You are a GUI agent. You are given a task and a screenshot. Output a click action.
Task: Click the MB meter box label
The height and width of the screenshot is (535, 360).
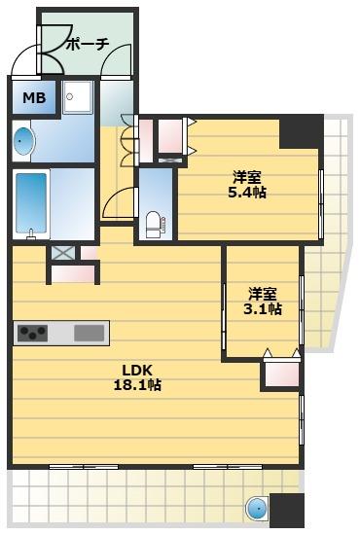pyautogui.click(x=34, y=98)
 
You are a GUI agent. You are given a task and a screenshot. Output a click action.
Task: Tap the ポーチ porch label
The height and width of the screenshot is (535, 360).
pyautogui.click(x=88, y=44)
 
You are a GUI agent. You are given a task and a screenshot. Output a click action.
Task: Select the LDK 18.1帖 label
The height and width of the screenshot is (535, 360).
pyautogui.click(x=137, y=377)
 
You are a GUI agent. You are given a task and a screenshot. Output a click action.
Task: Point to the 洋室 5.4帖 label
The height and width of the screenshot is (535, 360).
pyautogui.click(x=247, y=185)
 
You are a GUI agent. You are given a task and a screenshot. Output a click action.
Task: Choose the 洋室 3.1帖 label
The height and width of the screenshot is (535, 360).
pyautogui.click(x=263, y=301)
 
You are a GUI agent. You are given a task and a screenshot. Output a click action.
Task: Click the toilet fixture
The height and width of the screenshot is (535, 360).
pyautogui.click(x=156, y=224)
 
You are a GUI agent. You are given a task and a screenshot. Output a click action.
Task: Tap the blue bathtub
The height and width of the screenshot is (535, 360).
pyautogui.click(x=31, y=203)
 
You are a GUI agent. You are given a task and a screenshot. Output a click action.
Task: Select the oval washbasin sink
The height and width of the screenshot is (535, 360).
pyautogui.click(x=24, y=141)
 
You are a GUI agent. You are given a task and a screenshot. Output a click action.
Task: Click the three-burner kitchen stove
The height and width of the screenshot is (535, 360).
pyautogui.click(x=32, y=333)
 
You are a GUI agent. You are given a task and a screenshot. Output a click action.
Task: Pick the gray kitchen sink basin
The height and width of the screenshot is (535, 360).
pyautogui.click(x=90, y=333)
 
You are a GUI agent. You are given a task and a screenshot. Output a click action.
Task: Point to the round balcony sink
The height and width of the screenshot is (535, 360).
pyautogui.click(x=258, y=509)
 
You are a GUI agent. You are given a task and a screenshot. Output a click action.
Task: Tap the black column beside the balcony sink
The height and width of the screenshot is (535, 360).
pyautogui.click(x=287, y=510)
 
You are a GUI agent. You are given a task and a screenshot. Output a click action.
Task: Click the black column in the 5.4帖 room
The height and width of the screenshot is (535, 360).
pyautogui.click(x=301, y=131)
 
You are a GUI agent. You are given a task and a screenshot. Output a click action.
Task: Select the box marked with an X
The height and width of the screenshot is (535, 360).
pyautogui.click(x=63, y=253)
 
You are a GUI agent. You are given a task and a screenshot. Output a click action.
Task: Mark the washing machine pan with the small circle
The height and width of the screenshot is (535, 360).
pyautogui.click(x=78, y=97)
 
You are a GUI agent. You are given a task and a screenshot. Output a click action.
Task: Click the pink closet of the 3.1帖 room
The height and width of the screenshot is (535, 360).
pyautogui.click(x=282, y=374)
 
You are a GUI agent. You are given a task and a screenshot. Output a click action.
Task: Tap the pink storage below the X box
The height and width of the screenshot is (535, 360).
pyautogui.click(x=73, y=274)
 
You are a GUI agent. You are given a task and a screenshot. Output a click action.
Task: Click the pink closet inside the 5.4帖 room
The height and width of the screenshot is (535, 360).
pyautogui.click(x=170, y=136)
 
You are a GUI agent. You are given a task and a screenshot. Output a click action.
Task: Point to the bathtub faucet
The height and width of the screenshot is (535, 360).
pyautogui.click(x=31, y=234)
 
